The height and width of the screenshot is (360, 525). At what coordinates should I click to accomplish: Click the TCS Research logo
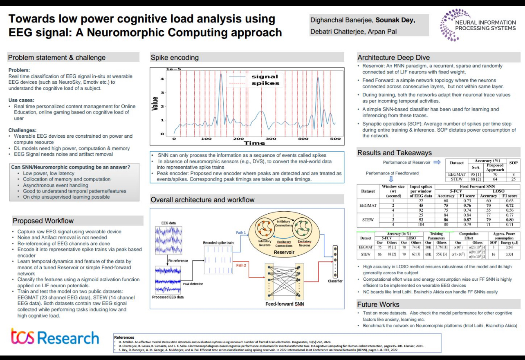point(55,338)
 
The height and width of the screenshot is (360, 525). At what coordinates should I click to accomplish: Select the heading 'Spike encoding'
point(175,58)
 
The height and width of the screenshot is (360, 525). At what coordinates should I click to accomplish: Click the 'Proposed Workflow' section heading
point(43,221)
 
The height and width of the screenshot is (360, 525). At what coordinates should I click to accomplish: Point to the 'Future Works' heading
point(378,304)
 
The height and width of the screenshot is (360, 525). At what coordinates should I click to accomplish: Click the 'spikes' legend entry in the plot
point(265,83)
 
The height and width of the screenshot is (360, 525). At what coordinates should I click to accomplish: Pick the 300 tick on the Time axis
point(270,139)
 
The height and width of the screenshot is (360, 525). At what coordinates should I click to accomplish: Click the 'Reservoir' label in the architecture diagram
point(284,252)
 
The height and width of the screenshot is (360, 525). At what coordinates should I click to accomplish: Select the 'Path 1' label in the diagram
point(241,233)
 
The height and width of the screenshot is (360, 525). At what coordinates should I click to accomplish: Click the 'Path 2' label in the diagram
point(241,265)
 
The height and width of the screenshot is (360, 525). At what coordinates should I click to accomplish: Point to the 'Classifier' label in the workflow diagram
point(335,281)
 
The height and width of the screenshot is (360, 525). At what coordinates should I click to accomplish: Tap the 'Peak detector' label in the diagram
point(193,284)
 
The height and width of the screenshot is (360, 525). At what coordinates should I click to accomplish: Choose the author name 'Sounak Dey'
point(395,20)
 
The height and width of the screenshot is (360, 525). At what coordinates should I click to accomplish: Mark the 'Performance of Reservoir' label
point(406,162)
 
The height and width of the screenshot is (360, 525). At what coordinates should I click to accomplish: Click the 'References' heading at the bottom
point(124,338)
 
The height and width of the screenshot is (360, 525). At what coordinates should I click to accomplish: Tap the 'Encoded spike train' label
point(218,243)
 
